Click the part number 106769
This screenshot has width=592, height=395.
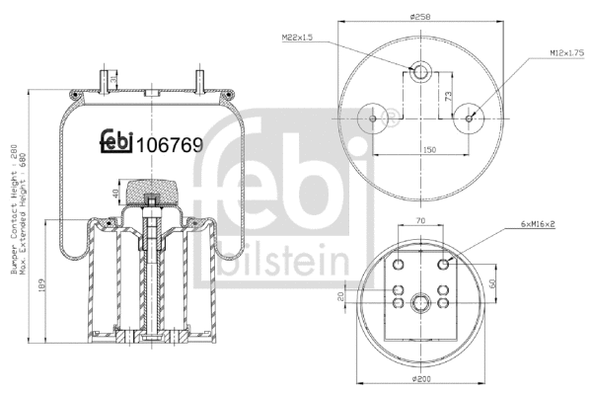coord(169,145)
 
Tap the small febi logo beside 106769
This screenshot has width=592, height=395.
coord(115,143)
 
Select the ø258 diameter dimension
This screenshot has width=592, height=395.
coord(423,17)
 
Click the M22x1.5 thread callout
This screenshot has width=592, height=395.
coord(298,38)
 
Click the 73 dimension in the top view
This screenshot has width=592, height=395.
coord(450,96)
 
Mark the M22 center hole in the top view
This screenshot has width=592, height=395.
coord(420,71)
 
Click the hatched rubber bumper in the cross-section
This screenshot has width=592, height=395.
coord(153,188)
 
